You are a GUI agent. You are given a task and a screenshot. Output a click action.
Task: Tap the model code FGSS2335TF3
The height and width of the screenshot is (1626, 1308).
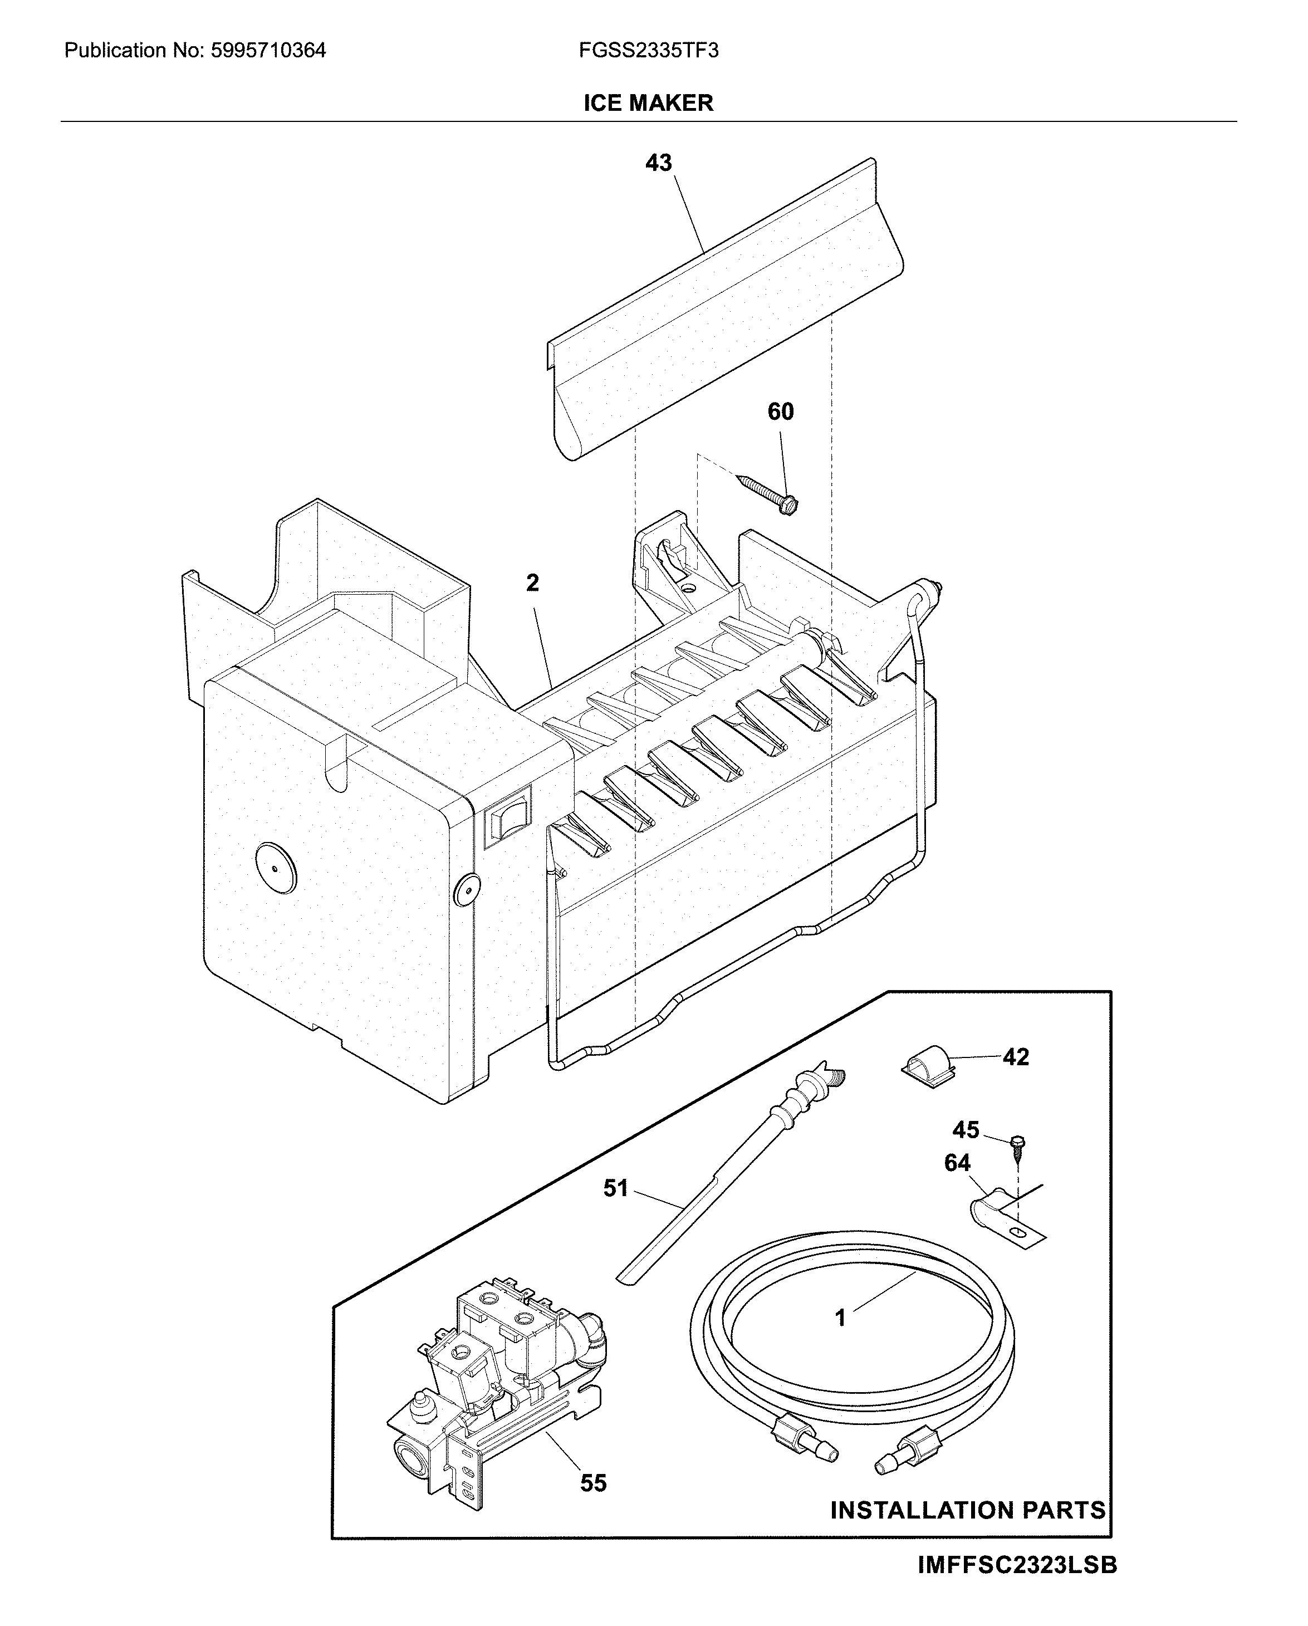[648, 51]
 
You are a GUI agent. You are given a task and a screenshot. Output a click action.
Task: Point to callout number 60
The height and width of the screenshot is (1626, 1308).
[781, 412]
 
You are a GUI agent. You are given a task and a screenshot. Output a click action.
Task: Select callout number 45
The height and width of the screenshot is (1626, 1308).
[966, 1130]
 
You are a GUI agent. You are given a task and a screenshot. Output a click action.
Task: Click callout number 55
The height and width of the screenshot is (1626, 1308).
[593, 1483]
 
